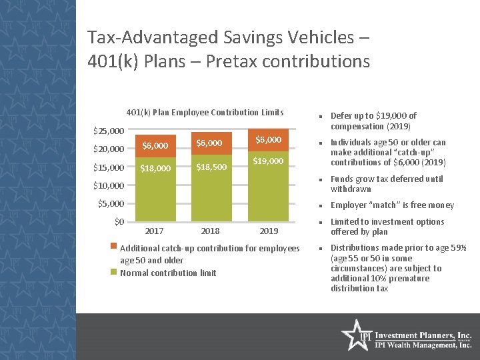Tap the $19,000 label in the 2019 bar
tap(268, 161)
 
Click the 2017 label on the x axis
tap(154, 231)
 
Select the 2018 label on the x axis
tap(210, 231)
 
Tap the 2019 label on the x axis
tap(268, 231)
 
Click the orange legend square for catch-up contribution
tap(114, 247)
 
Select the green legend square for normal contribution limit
tap(114, 271)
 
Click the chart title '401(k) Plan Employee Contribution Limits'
tap(205, 112)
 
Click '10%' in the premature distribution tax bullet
tap(378, 279)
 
